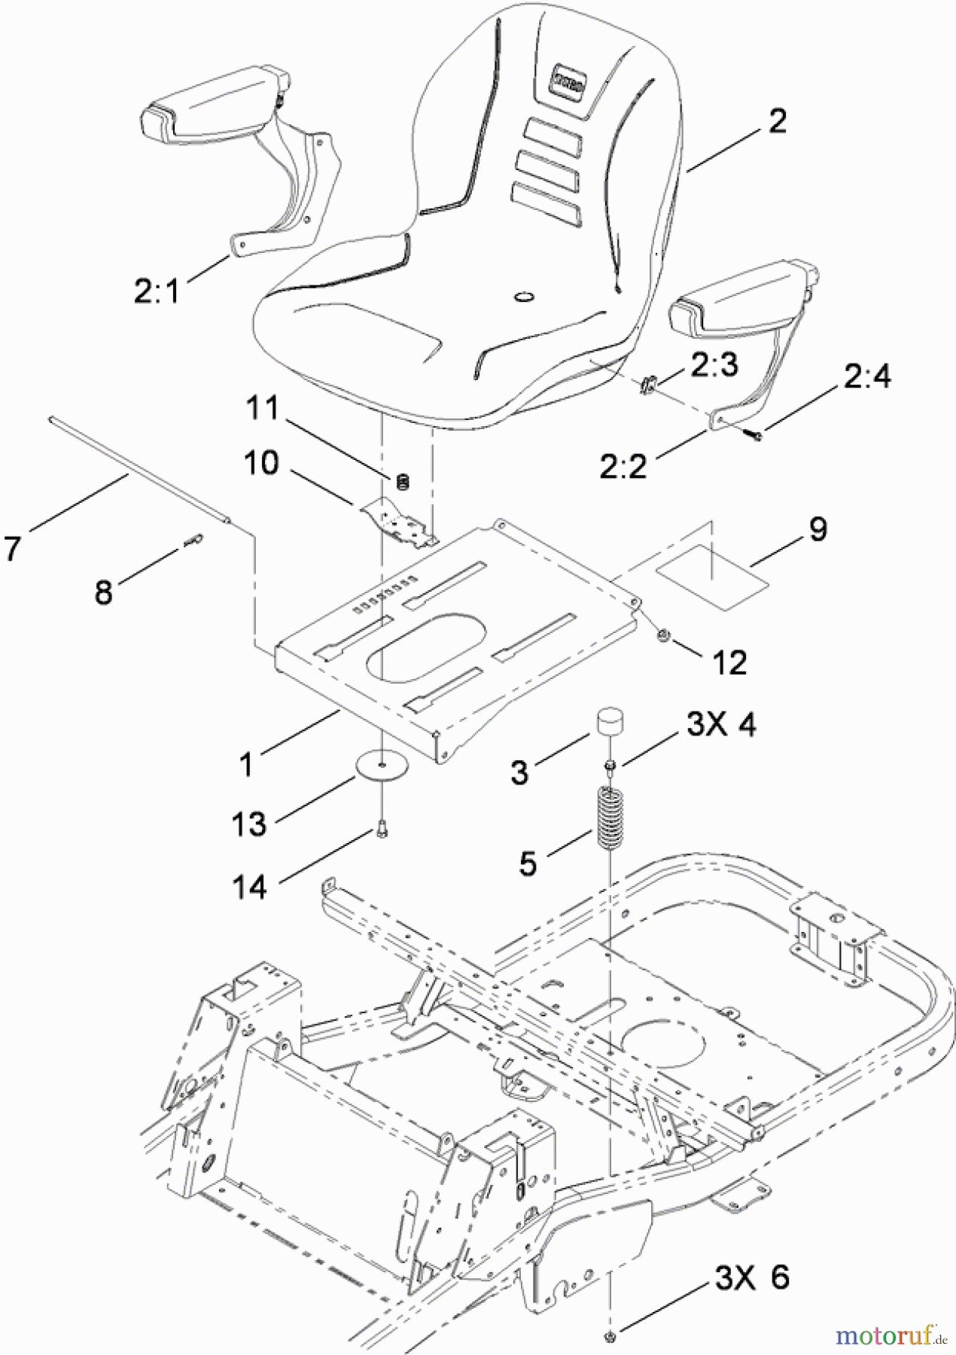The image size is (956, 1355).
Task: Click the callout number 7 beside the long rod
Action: pyautogui.click(x=14, y=549)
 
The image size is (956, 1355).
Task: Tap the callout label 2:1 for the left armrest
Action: pyautogui.click(x=157, y=291)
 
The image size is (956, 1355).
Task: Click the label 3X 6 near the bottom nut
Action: pyautogui.click(x=750, y=1277)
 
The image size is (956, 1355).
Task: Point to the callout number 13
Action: pyautogui.click(x=248, y=824)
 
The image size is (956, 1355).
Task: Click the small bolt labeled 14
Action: pyautogui.click(x=382, y=831)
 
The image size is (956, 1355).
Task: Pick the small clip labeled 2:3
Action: pyautogui.click(x=647, y=384)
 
